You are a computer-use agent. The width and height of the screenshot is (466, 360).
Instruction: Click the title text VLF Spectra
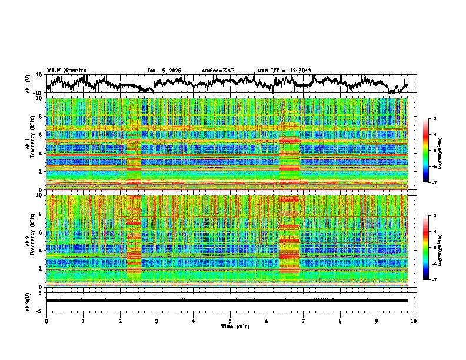tap(66, 70)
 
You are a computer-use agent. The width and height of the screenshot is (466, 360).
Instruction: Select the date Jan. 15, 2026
tap(164, 71)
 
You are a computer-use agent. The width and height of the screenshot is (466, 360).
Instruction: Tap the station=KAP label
tap(218, 71)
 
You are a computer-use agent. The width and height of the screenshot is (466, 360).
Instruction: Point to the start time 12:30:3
tap(297, 71)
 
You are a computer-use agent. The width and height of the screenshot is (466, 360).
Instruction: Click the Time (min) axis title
tap(230, 326)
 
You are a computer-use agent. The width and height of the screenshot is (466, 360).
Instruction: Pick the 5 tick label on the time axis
tap(230, 321)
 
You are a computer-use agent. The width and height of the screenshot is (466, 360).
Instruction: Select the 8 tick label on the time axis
tap(340, 321)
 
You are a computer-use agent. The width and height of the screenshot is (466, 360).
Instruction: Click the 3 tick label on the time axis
tap(157, 321)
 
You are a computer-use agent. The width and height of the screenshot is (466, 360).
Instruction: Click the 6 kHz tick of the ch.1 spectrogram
tap(40, 135)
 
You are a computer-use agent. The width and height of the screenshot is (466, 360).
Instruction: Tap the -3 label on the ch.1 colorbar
tap(434, 119)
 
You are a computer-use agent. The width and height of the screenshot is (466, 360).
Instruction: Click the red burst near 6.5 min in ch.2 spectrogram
tap(289, 235)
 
